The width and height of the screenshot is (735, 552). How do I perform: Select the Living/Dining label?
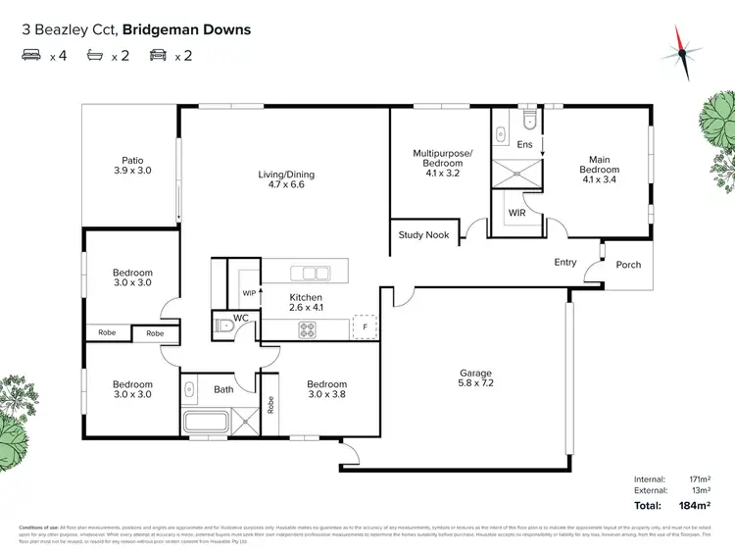tap(286, 179)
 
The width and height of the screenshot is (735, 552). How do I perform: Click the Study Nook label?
tap(423, 234)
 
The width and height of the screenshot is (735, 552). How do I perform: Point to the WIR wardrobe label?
tap(516, 212)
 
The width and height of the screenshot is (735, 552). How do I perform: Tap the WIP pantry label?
tap(248, 292)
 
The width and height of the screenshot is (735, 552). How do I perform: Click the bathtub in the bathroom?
tap(204, 423)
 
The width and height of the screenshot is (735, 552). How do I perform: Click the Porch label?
tap(627, 265)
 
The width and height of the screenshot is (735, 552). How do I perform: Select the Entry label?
tap(565, 262)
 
